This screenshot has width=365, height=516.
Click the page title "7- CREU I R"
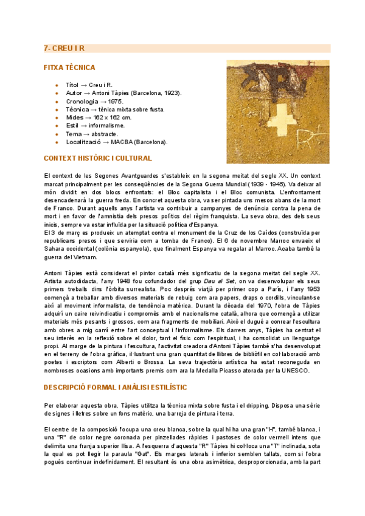coord(64,48)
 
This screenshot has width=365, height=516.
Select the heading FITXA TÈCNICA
coord(69,68)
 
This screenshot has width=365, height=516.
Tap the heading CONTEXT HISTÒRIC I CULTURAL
coord(98,158)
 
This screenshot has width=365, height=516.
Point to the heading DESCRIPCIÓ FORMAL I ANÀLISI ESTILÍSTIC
coord(115,387)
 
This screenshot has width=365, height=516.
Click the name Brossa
coord(198,362)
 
